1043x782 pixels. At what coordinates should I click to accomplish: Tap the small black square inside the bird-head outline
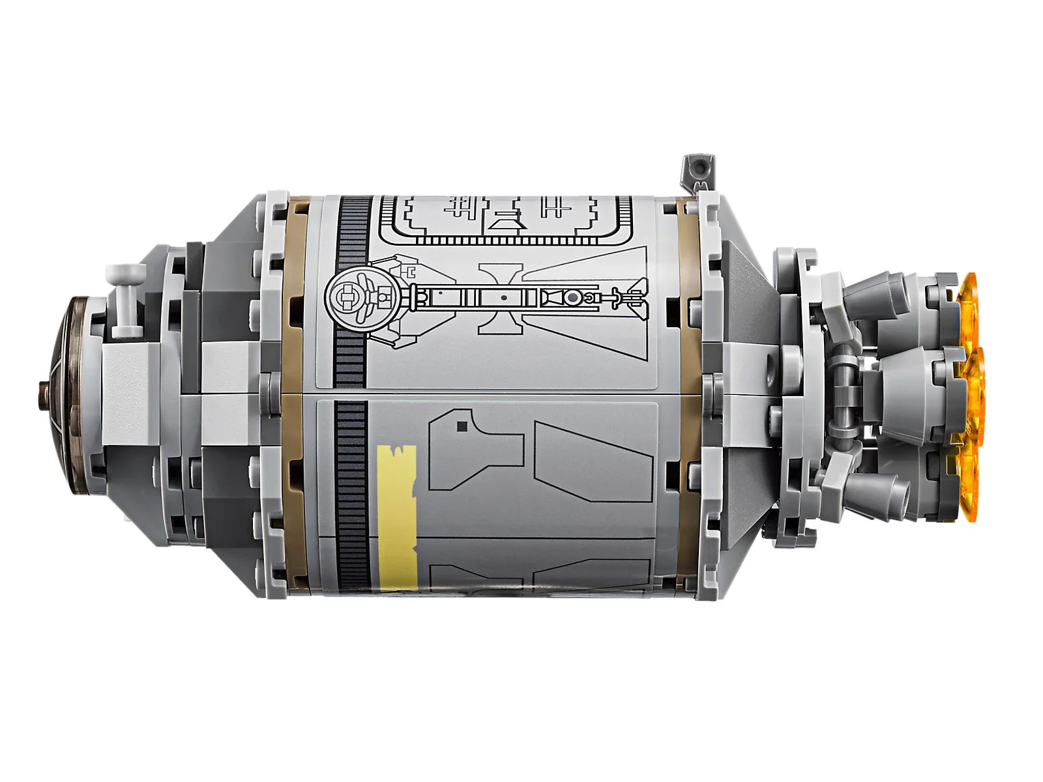tap(462, 427)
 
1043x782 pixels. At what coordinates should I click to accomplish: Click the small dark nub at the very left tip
tap(43, 384)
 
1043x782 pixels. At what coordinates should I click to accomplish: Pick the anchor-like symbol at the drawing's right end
tap(629, 297)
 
